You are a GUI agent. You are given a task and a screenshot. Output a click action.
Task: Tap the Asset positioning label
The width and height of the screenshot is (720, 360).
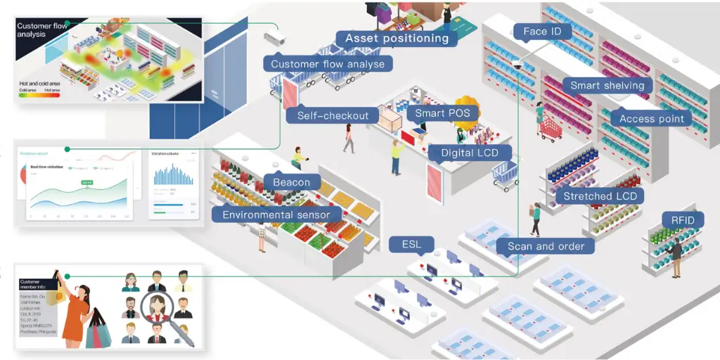[397, 38]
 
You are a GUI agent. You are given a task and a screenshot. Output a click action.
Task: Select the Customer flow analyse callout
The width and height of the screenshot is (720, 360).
[328, 64]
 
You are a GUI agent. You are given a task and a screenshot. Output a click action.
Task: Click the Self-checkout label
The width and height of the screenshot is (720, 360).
[333, 115]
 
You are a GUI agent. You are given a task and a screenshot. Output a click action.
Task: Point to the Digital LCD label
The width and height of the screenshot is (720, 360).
[471, 153]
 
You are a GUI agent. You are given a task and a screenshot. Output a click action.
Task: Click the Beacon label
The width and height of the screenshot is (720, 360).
[291, 182]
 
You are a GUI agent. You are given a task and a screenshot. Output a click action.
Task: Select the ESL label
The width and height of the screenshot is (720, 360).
[411, 245]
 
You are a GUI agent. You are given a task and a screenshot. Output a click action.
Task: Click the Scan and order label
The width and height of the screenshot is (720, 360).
[546, 246]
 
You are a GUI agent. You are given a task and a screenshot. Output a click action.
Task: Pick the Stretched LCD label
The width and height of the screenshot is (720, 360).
[600, 196]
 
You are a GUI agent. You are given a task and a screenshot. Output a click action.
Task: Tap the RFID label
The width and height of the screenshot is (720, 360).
[682, 221]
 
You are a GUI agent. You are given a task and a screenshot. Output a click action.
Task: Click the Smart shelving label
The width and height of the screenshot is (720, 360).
[607, 86]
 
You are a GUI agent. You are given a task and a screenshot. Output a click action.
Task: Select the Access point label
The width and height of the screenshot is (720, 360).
[651, 119]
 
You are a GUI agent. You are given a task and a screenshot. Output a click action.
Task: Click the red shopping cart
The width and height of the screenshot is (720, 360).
[550, 127]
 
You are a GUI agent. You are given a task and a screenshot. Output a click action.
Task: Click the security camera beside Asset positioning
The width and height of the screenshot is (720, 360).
[273, 37]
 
